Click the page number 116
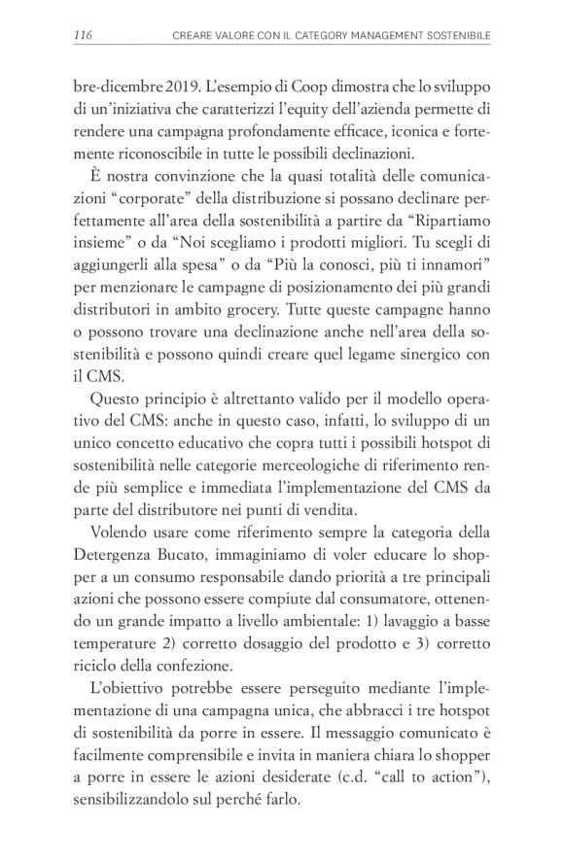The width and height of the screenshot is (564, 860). click(83, 36)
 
